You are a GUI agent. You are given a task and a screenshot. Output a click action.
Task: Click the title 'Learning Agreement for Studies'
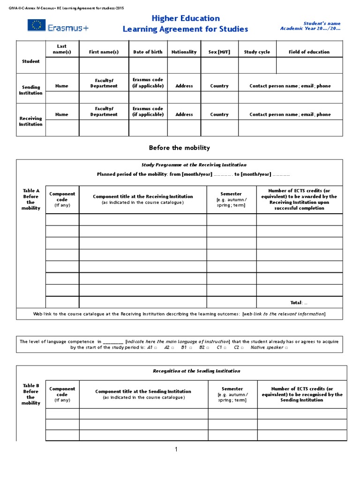point(185,29)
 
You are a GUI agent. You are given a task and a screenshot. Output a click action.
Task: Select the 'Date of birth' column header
point(148,52)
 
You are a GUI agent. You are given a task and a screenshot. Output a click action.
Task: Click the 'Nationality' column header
point(184,52)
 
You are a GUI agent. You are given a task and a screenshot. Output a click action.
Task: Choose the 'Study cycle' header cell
point(257,52)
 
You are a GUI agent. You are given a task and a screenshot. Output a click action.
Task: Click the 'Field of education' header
point(309,52)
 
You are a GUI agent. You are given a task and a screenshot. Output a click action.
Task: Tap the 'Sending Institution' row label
point(30,90)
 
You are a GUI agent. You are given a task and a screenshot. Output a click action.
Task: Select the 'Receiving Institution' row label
point(30,121)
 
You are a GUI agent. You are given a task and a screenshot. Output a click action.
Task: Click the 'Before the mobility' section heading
point(180,148)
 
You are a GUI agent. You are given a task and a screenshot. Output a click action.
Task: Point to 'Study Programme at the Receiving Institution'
point(194,165)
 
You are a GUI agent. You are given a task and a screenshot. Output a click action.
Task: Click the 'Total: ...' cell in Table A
point(299,302)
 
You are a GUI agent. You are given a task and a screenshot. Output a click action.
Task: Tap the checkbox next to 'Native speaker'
point(286,348)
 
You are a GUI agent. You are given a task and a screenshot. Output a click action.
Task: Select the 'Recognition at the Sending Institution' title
point(196,371)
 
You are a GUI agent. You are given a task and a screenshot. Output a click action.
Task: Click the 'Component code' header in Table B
point(62,394)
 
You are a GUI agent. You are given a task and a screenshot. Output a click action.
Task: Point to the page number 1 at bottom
point(176,450)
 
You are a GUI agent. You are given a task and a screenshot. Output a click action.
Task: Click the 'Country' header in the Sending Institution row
point(219,86)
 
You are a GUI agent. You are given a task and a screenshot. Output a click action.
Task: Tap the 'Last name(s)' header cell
point(62,49)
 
